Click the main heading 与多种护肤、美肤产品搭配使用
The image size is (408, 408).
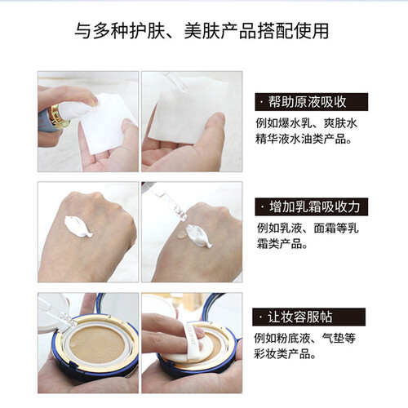pyautogui.click(x=202, y=30)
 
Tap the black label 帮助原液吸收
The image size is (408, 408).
pyautogui.click(x=311, y=102)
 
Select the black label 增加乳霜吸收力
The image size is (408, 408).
pyautogui.click(x=311, y=207)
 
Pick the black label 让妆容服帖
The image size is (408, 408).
pyautogui.click(x=308, y=317)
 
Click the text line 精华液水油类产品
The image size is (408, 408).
pyautogui.click(x=304, y=139)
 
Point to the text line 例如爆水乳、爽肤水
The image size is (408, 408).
pyautogui.click(x=306, y=123)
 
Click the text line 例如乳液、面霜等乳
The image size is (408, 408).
pyautogui.click(x=308, y=228)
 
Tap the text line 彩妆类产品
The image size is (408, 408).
pyautogui.click(x=285, y=354)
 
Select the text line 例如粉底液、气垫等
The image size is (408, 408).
pyautogui.click(x=304, y=338)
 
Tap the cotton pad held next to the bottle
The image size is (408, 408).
pyautogui.click(x=107, y=122)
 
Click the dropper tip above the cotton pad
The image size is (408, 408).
pyautogui.click(x=184, y=87)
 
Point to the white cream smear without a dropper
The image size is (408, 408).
pyautogui.click(x=78, y=226)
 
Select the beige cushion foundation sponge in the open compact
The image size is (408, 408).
pyautogui.click(x=97, y=344)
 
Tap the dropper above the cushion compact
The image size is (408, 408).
pyautogui.click(x=58, y=312)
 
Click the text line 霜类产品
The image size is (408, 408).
pyautogui.click(x=282, y=244)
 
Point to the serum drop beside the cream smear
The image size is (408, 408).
pyautogui.click(x=181, y=235)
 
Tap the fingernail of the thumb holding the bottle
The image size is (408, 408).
pyautogui.click(x=95, y=101)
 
